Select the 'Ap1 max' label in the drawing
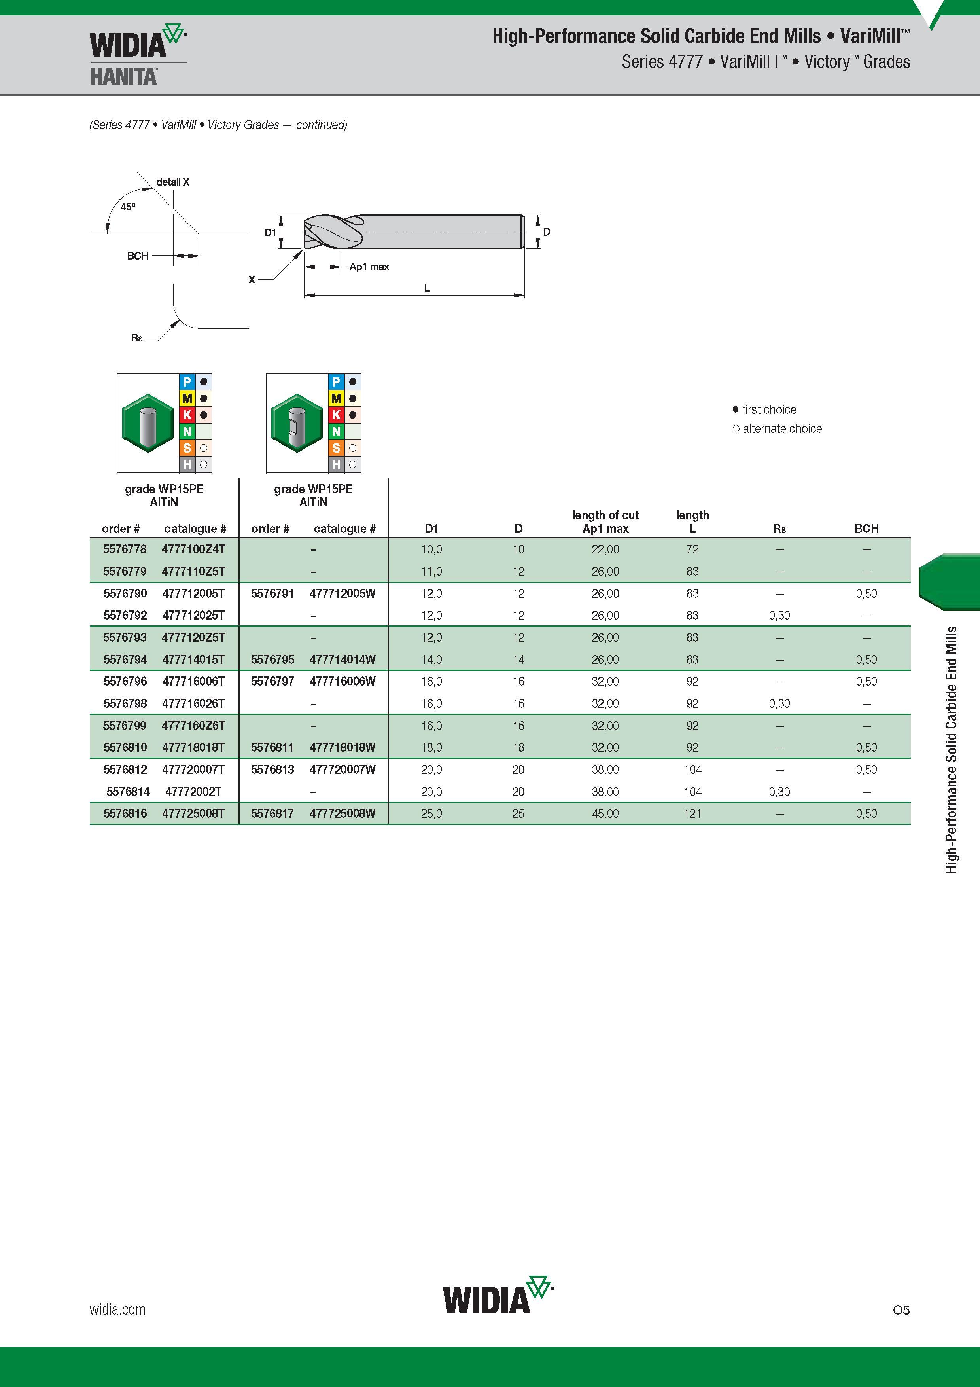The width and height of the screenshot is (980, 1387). pyautogui.click(x=369, y=266)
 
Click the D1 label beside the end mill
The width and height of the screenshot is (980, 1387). pyautogui.click(x=270, y=232)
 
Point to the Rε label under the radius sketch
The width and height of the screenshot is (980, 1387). pyautogui.click(x=136, y=338)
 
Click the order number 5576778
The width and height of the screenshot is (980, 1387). pyautogui.click(x=125, y=549)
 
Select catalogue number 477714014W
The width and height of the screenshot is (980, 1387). pyautogui.click(x=342, y=659)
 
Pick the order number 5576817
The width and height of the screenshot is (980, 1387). pyautogui.click(x=272, y=813)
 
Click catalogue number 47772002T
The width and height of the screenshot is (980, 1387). pyautogui.click(x=193, y=791)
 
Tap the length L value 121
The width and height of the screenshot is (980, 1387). pyautogui.click(x=692, y=813)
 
